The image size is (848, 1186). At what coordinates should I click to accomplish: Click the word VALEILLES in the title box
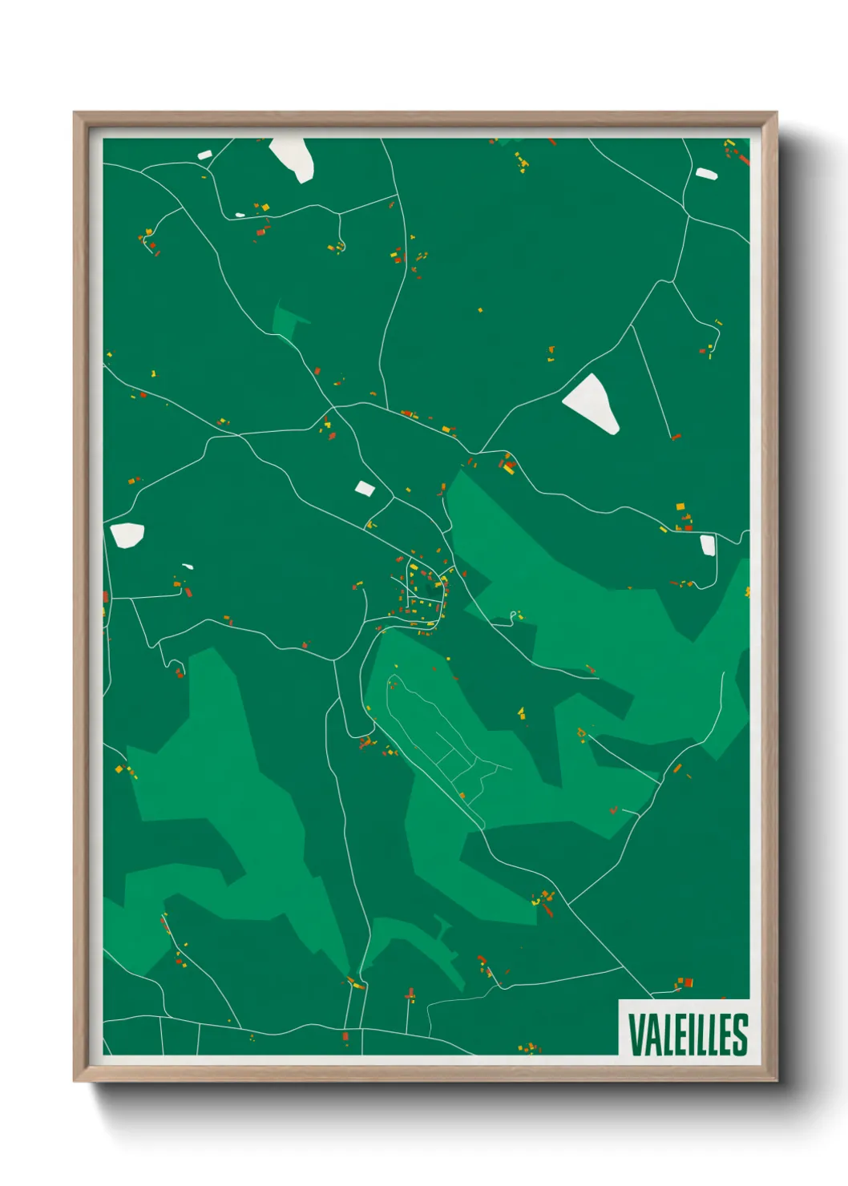[x=688, y=1035]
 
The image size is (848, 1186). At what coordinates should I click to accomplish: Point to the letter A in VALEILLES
[x=651, y=1035]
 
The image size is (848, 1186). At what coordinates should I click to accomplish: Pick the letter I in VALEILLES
[x=687, y=1035]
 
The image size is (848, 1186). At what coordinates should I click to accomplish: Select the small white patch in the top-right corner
[x=706, y=173]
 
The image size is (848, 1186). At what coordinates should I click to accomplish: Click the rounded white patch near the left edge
[x=127, y=535]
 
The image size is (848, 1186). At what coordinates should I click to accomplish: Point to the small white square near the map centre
[x=365, y=488]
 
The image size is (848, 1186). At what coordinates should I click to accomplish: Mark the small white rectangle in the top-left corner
[x=204, y=155]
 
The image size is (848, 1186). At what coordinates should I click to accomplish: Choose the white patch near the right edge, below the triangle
[x=707, y=545]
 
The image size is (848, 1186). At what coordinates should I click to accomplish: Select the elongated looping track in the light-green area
[x=433, y=745]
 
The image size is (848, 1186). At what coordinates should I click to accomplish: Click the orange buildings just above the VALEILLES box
[x=684, y=982]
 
